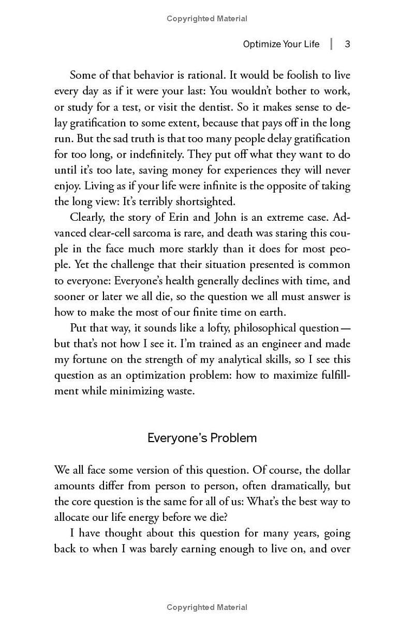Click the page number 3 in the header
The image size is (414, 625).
tap(348, 44)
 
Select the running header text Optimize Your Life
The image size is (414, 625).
tap(282, 44)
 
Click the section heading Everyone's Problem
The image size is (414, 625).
tap(202, 438)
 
